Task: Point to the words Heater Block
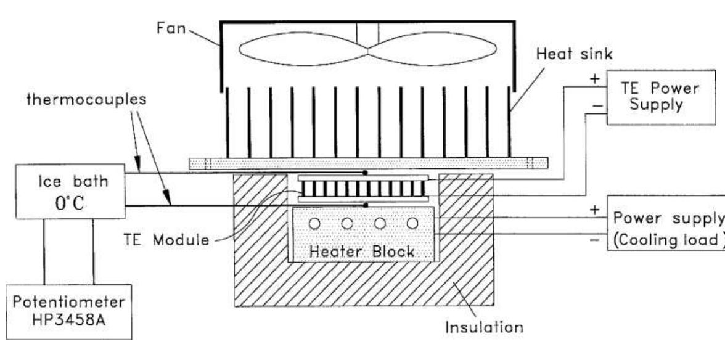(x=362, y=252)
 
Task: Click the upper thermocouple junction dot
(x=366, y=173)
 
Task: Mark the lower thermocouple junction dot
(x=366, y=205)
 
